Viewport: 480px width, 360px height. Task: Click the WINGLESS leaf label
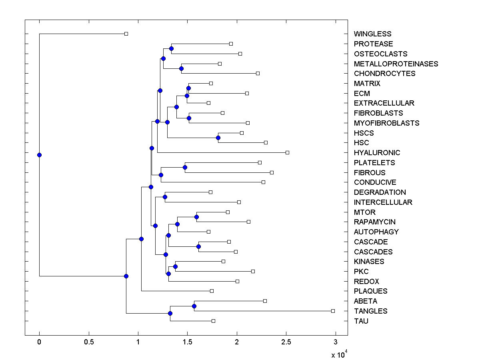pos(372,34)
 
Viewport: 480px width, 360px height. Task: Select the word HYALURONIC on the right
pos(377,153)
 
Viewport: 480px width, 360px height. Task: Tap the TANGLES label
pos(370,311)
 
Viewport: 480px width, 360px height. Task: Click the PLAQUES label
pos(370,291)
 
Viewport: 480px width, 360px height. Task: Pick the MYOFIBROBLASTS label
pos(386,123)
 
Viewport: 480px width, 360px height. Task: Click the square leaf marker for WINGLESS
pos(126,34)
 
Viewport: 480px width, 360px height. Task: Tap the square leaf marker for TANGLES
pos(333,311)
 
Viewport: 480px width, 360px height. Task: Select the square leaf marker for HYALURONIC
pos(287,152)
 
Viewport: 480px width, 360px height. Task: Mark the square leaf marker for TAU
pos(213,321)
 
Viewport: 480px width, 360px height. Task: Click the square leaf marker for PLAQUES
pos(212,291)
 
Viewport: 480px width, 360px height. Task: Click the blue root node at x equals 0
pos(39,155)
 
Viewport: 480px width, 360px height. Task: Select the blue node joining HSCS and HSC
pos(218,138)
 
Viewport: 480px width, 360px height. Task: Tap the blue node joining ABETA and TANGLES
pos(194,306)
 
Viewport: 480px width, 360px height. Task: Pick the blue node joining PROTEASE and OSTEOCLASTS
pos(171,49)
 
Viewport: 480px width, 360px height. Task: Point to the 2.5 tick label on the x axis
pos(286,342)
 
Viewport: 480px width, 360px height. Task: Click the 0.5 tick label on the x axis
pos(88,342)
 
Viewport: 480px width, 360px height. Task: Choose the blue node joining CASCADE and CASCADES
pos(198,246)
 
